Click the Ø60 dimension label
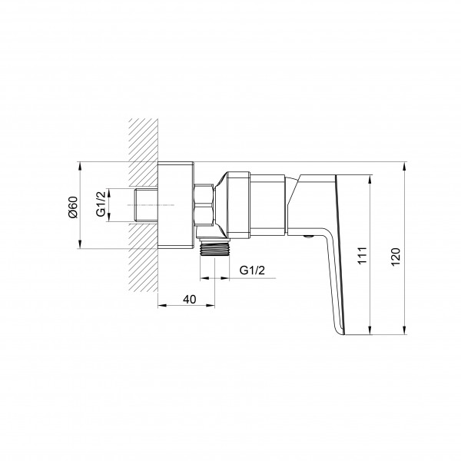pyautogui.click(x=73, y=207)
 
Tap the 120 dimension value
pyautogui.click(x=396, y=257)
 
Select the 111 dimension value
pyautogui.click(x=362, y=256)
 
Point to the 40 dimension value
pyautogui.click(x=189, y=300)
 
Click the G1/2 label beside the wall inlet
pyautogui.click(x=101, y=204)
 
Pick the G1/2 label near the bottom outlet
pyautogui.click(x=252, y=270)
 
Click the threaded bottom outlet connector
pyautogui.click(x=214, y=249)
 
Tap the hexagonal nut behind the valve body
pyautogui.click(x=204, y=205)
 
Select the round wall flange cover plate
pyautogui.click(x=176, y=205)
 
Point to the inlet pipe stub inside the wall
pyautogui.click(x=146, y=205)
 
